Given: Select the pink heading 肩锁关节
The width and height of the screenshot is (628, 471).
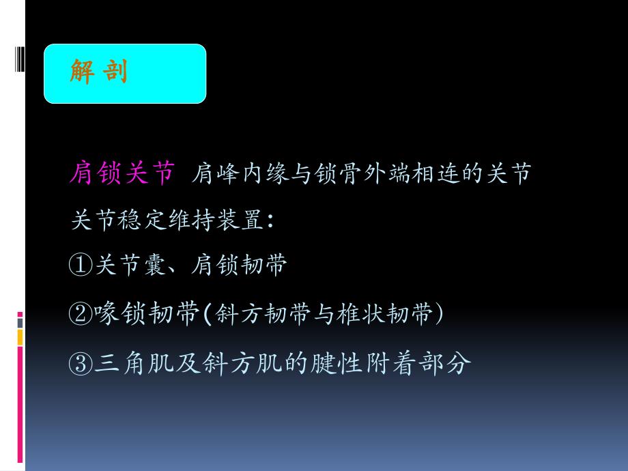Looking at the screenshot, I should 122,175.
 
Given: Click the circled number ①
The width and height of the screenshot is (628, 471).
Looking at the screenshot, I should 80,266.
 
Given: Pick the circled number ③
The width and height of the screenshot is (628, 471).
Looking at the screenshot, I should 80,363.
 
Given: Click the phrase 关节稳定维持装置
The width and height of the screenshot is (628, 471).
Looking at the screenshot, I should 166,221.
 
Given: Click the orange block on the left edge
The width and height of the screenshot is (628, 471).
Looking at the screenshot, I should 20,336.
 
